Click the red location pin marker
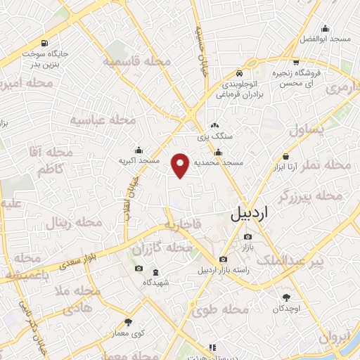pos(181,165)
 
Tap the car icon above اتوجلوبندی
pos(240,73)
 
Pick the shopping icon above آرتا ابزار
pos(285,156)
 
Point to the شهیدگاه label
pos(156,282)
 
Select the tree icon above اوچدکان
pos(285,298)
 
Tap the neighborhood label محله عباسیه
pos(103,120)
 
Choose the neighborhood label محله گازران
pos(162,249)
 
